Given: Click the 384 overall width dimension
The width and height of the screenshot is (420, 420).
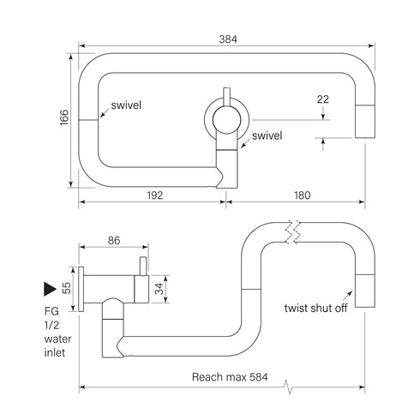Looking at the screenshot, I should coord(227,39).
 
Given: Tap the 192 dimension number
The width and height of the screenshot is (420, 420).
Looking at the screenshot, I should coord(153,195).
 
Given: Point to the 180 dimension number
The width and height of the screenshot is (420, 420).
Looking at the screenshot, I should coord(303,195).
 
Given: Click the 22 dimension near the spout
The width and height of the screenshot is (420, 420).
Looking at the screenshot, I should coord(322,99).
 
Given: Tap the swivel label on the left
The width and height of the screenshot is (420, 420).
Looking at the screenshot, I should coord(124,105).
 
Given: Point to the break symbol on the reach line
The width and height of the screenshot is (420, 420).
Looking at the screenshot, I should coord(291,388).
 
